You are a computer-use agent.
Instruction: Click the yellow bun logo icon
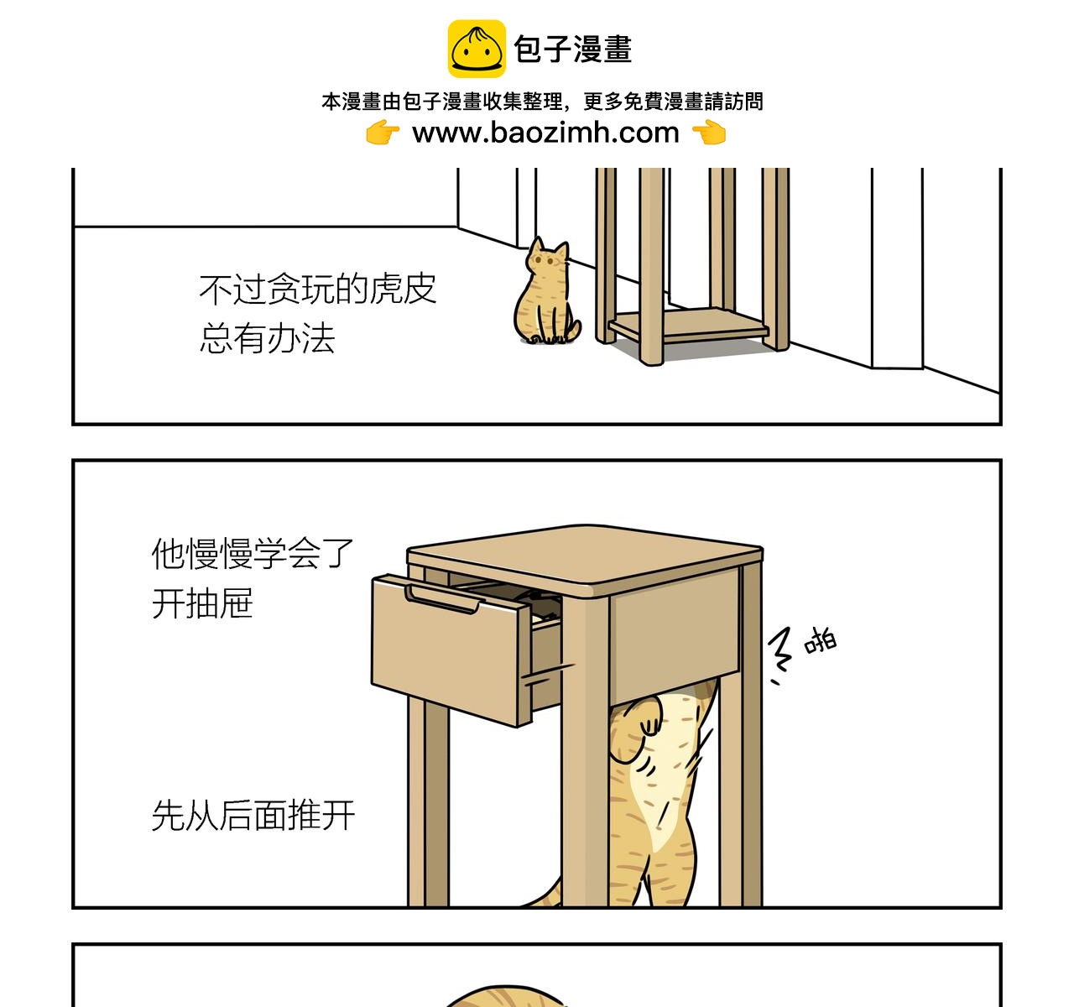click(x=477, y=49)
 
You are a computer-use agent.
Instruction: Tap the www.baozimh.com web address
click(x=545, y=133)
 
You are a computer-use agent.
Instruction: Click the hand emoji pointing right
click(x=383, y=133)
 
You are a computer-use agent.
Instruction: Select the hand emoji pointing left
click(x=709, y=133)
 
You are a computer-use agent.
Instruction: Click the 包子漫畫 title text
click(x=573, y=50)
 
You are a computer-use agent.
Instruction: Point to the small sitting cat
click(x=545, y=291)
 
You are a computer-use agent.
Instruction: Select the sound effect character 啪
click(x=820, y=640)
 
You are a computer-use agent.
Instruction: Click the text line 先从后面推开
click(x=253, y=816)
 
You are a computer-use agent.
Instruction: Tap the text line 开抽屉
click(x=202, y=603)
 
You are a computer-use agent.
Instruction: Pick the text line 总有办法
click(x=267, y=338)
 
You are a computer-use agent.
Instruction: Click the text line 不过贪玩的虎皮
click(x=317, y=289)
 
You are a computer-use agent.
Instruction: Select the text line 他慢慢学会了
click(x=252, y=553)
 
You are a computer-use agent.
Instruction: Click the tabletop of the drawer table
click(x=585, y=558)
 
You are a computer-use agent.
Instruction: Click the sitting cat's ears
click(x=549, y=248)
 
